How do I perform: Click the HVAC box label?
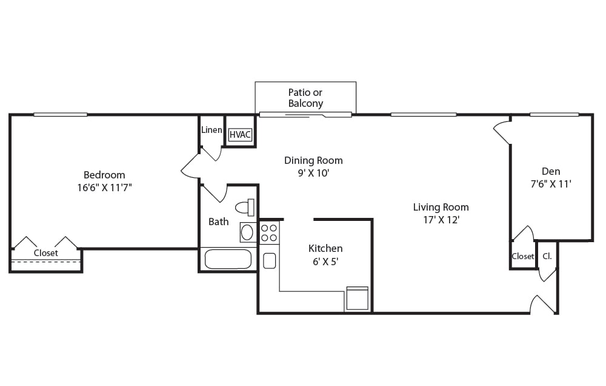pos(240,135)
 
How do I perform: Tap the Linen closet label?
pos(211,130)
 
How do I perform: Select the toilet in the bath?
pos(245,208)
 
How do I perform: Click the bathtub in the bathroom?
pos(228,259)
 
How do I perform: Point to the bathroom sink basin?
pos(247,232)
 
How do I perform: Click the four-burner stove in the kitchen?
pos(269,232)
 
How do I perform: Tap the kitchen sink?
pos(270,260)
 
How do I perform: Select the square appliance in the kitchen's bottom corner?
pos(357,298)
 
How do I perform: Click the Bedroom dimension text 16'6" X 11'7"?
pos(104,188)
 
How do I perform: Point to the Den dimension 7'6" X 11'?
pos(551,184)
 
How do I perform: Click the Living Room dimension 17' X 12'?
pos(441,220)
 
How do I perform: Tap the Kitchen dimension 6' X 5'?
pos(325,262)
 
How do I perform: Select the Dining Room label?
pos(313,160)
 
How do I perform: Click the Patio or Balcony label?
pos(305,98)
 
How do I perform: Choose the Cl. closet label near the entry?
pos(547,256)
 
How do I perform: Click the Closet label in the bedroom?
pos(45,253)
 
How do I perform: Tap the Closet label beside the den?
pos(523,256)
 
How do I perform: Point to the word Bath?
pos(218,222)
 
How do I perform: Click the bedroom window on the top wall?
pos(60,114)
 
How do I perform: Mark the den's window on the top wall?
pos(554,114)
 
